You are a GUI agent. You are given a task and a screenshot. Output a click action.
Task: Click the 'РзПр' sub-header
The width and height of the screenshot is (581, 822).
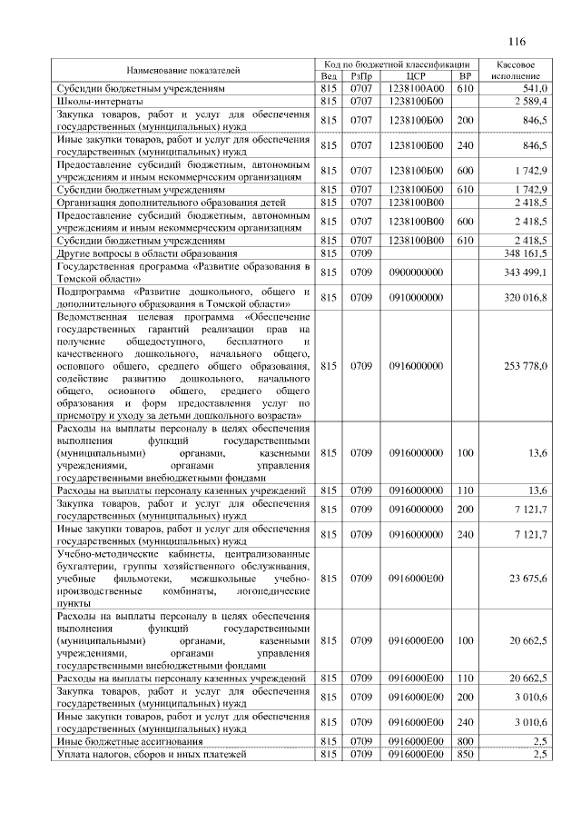[x=361, y=76]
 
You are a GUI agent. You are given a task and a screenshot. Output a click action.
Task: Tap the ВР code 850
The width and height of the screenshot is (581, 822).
[x=466, y=755]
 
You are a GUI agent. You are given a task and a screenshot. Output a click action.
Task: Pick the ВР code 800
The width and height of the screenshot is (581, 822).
[x=466, y=742]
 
